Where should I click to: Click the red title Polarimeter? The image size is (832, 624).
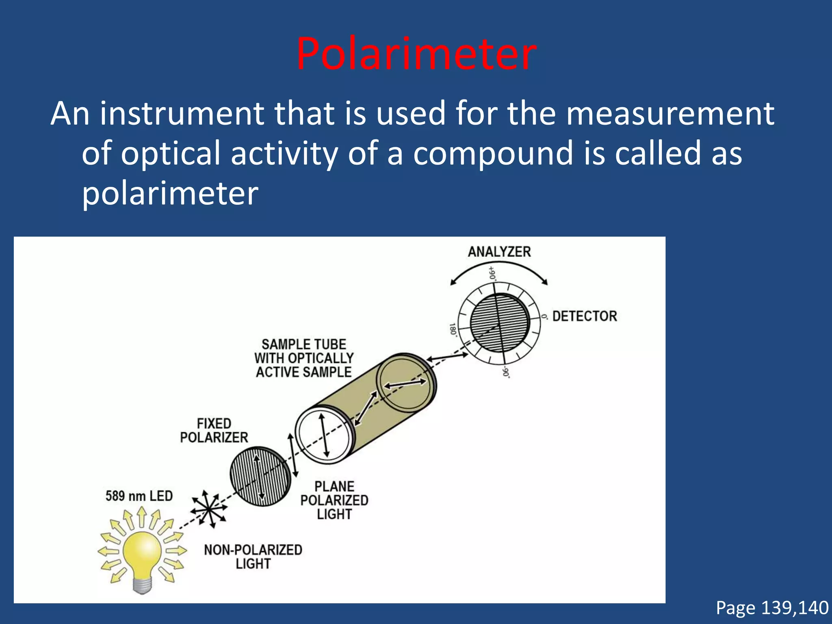pos(416,54)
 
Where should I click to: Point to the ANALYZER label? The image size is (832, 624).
pos(499,252)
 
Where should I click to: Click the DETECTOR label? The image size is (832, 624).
pos(585,316)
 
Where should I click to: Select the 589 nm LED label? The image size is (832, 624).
pos(139,496)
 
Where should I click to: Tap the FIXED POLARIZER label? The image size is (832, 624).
pos(214,431)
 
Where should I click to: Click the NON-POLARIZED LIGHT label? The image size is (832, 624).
pos(253,557)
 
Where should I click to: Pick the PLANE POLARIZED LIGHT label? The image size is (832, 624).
pos(334,500)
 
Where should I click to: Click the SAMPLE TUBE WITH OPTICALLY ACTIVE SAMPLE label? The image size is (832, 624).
pos(304,358)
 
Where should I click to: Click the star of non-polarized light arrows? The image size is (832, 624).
pos(208,509)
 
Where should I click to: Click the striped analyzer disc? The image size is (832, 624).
pos(499,323)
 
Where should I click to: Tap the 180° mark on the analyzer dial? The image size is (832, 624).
pos(453,329)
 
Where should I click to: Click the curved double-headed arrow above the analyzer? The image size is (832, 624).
pos(499,266)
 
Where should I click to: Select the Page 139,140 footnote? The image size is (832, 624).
pos(772,608)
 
